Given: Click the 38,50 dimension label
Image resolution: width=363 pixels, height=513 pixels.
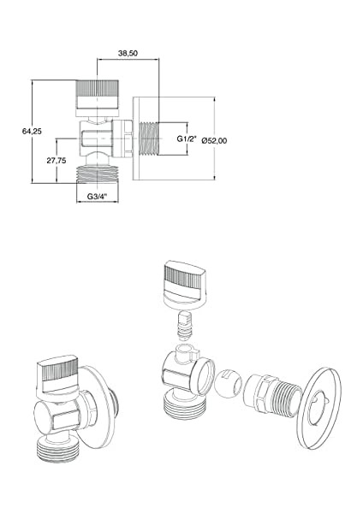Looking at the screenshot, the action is (128, 53).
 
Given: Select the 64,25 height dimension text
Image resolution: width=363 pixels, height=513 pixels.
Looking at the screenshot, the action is (32, 131).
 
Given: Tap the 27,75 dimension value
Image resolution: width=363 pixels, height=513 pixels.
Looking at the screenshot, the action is (56, 161).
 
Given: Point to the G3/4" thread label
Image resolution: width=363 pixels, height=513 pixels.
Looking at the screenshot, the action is (98, 197).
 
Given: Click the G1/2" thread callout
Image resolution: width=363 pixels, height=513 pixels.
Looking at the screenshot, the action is (187, 139).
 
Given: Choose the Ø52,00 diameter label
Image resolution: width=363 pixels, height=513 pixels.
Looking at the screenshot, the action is (215, 141).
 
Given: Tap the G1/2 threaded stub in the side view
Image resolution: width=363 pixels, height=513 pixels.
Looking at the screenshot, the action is (149, 139).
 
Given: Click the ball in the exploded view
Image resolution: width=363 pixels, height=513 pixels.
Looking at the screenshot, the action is (229, 383).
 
